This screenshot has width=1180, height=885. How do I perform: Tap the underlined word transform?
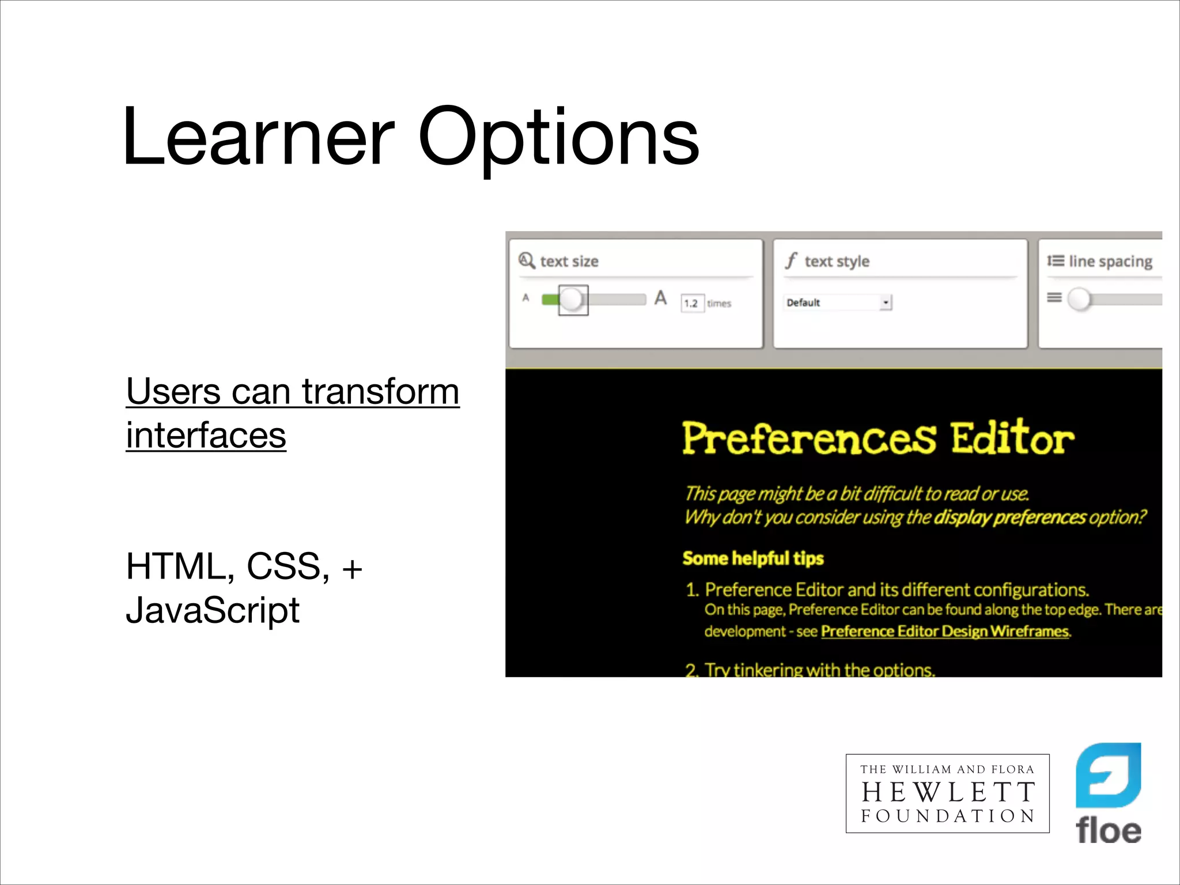[x=380, y=392]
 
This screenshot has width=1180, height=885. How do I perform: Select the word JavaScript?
[x=213, y=610]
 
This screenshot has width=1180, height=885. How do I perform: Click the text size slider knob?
[x=572, y=300]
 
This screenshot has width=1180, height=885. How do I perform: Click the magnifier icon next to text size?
[x=526, y=260]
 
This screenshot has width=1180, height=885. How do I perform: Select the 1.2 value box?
[x=691, y=303]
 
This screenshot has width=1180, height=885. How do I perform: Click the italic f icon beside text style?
[x=791, y=260]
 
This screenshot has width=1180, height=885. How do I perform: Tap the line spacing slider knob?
[x=1079, y=299]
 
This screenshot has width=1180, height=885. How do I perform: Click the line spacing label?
[x=1110, y=262]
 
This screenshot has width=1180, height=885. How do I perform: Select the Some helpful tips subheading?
[x=752, y=558]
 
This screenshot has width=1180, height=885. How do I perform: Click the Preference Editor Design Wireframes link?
[x=944, y=631]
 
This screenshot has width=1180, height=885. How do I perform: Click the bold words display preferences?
[x=1009, y=517]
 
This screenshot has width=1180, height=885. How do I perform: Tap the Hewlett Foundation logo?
[x=947, y=793]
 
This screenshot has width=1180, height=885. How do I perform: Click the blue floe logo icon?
[x=1108, y=775]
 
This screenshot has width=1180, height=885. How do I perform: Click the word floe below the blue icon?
[x=1108, y=830]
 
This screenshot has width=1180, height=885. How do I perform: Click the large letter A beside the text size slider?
[x=660, y=298]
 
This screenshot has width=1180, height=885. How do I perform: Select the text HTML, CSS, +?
[x=244, y=566]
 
